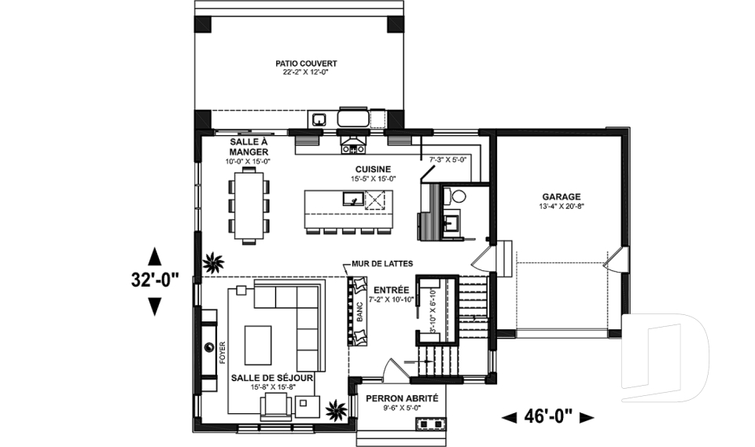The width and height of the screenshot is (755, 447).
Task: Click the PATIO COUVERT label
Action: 306,64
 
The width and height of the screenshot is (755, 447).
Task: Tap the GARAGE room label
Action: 562,197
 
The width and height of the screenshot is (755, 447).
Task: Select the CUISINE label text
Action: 373,170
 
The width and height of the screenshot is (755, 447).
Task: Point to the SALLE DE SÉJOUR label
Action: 272,378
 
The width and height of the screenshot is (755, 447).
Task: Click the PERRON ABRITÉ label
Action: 402,398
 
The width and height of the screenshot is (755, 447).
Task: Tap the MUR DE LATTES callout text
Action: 382,264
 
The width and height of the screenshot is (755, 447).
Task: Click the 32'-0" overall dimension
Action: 155,280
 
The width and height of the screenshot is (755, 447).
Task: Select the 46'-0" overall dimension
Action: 548,416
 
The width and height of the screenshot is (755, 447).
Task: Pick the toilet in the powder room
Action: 456,196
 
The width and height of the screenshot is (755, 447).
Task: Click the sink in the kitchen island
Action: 353,198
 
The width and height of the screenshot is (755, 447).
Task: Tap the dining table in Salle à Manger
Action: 249,206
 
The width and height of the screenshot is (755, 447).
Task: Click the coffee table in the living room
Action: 258,345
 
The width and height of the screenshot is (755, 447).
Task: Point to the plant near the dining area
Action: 213,262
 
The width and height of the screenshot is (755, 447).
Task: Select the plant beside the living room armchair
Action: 336,410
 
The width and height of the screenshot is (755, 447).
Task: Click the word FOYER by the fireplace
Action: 223,353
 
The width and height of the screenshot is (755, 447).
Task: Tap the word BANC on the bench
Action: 359,312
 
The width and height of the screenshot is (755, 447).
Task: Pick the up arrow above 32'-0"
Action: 154,256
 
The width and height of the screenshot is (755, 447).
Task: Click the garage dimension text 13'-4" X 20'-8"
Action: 562,207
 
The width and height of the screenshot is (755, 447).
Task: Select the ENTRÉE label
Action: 392,290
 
